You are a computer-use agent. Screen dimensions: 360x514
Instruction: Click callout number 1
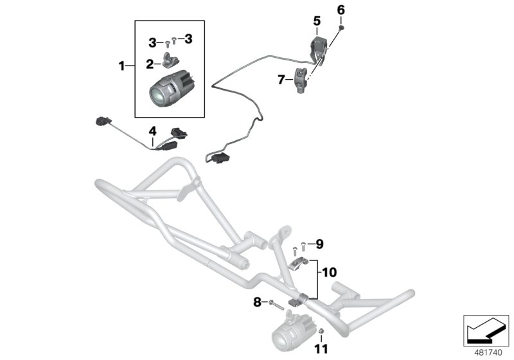121,65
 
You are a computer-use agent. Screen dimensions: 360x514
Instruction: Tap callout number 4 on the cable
152,130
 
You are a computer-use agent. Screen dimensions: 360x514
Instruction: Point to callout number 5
317,21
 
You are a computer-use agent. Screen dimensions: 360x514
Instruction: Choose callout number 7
281,80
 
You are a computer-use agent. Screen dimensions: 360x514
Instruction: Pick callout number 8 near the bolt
257,301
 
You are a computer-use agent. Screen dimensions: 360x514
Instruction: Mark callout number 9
320,244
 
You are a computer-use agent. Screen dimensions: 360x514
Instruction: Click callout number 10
329,273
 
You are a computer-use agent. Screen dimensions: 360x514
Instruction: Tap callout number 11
321,349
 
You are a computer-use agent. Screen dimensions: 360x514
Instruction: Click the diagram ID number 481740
486,352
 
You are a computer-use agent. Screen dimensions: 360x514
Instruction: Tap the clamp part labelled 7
303,80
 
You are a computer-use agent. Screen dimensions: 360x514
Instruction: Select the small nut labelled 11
321,332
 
